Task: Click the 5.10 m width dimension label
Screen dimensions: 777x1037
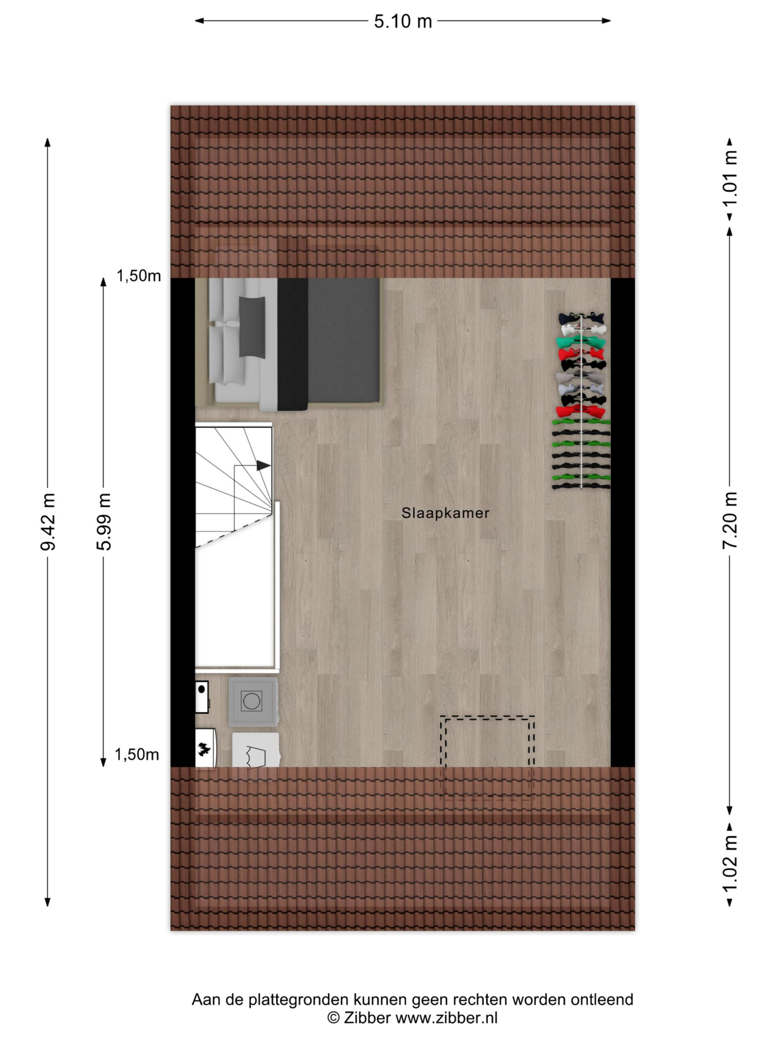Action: pos(402,21)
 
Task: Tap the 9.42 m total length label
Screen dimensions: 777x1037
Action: pos(48,521)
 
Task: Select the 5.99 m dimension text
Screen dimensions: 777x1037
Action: pos(104,521)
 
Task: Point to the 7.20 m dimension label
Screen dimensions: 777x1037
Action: pos(729,521)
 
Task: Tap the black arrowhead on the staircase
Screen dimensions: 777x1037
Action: pos(263,465)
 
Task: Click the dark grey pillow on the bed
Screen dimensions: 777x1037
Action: pos(252,327)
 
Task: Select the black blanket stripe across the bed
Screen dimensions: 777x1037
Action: pos(293,344)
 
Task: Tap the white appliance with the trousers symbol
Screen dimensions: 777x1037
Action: pos(256,751)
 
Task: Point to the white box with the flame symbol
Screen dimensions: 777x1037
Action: pos(205,749)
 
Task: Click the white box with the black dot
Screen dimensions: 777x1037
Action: pos(202,697)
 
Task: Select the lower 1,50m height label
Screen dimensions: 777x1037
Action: pos(137,754)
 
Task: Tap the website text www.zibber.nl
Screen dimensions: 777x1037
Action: pos(446,1018)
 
